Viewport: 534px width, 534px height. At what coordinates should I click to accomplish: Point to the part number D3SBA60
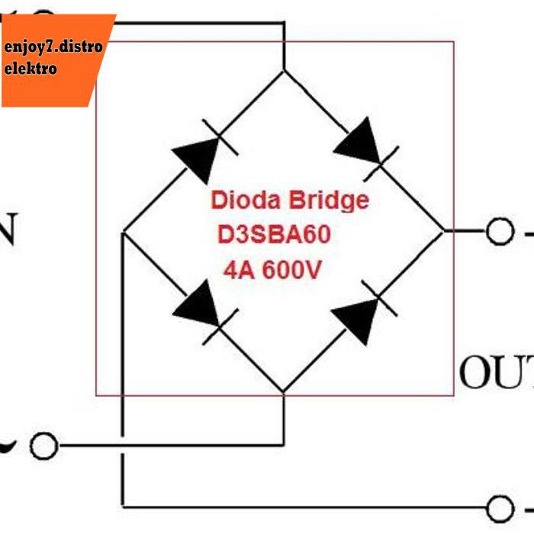pos(275,236)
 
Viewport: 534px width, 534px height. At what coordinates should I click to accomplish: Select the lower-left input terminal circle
pos(44,446)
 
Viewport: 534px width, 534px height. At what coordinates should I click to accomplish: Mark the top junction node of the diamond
pos(284,72)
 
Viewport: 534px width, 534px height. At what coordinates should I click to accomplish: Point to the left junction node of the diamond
pos(123,231)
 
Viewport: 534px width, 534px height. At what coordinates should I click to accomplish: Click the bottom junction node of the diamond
pos(283,393)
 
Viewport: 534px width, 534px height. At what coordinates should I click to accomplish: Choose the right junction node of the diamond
pos(442,230)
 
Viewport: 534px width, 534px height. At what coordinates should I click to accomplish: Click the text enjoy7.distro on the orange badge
pos(53,47)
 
